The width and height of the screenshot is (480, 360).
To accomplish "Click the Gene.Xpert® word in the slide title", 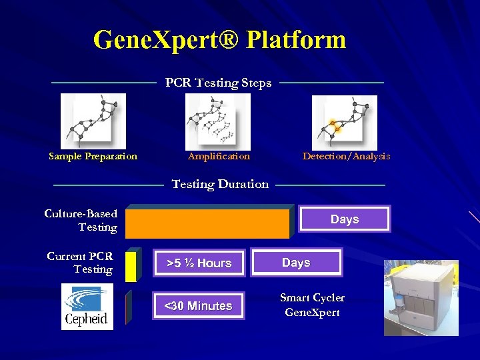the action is click(164, 40).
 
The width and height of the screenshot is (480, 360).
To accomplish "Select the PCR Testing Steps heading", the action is click(218, 83).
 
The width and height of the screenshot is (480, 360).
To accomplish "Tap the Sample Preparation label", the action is click(93, 157).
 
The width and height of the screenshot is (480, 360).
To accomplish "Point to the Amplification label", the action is click(219, 157).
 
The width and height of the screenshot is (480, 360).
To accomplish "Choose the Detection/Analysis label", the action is click(346, 157).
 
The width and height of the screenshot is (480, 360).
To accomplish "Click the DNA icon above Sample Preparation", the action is click(93, 121).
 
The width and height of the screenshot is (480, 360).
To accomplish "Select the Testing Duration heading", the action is click(220, 184).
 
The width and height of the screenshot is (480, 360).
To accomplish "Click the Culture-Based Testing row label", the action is click(81, 221).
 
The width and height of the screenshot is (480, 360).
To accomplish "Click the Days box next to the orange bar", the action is click(345, 219).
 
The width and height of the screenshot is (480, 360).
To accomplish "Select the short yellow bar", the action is click(131, 265).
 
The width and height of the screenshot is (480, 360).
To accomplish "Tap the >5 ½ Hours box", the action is click(199, 263).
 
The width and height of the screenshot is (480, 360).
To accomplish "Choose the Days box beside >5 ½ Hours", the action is click(296, 263).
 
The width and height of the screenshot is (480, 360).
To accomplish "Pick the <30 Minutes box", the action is click(199, 306).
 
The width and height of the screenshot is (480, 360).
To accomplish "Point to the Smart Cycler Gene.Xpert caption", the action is click(312, 305).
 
